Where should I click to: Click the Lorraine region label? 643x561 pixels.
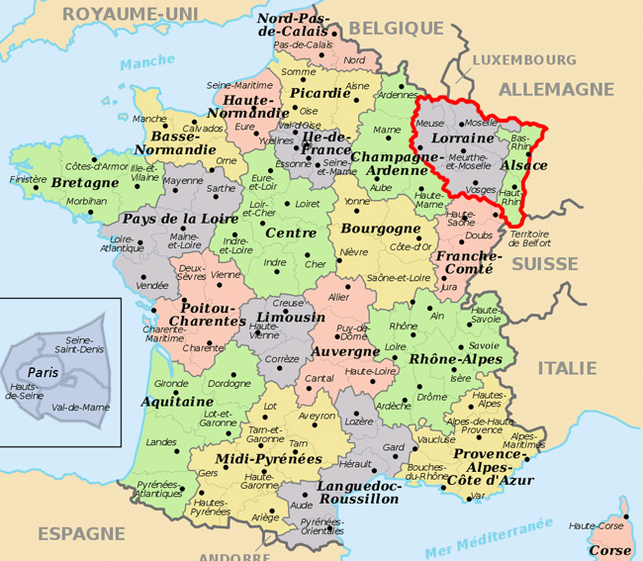point(463,140)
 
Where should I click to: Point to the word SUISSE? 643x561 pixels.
point(546,264)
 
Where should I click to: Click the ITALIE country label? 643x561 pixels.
point(567,368)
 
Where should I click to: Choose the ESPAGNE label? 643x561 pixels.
point(82,533)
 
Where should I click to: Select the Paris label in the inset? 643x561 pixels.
point(44,371)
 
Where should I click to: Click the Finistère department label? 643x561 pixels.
point(28,180)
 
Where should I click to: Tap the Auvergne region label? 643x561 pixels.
point(344,351)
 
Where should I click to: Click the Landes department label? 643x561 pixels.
point(161,442)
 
